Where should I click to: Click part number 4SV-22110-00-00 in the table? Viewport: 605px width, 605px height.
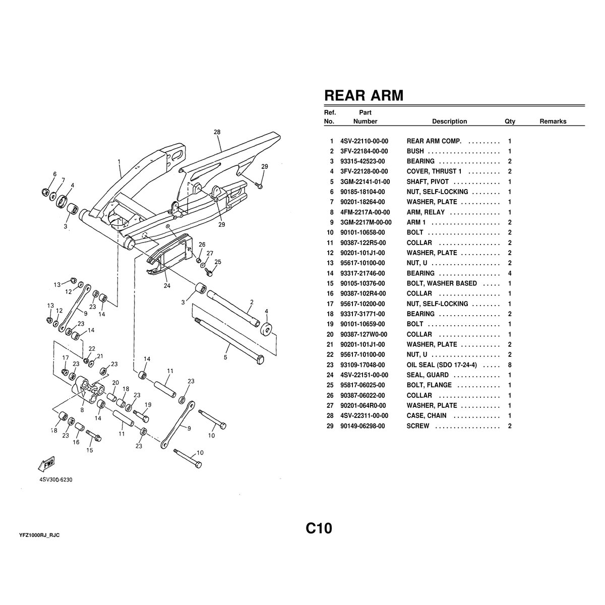(364, 141)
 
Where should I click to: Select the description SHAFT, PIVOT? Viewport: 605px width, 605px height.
(428, 181)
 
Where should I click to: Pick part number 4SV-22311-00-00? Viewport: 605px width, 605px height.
(364, 416)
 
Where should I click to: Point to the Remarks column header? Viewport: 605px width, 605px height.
(553, 122)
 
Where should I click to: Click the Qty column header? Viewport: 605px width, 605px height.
(510, 122)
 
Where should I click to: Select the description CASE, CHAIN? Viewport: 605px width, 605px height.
(427, 416)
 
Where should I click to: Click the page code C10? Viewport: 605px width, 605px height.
(319, 529)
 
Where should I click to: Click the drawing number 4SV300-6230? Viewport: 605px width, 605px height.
(56, 480)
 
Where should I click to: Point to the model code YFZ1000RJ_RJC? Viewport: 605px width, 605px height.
(43, 535)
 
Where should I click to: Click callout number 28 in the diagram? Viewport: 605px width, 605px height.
(217, 133)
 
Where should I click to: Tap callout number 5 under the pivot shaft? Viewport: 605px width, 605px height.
(225, 357)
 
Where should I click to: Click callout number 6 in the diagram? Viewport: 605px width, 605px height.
(54, 174)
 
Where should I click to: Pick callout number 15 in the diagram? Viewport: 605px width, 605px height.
(89, 450)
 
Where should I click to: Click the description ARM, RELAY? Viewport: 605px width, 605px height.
(426, 212)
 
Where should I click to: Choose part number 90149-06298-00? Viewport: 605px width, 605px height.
(364, 426)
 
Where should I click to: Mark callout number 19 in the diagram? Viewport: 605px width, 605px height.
(148, 404)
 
